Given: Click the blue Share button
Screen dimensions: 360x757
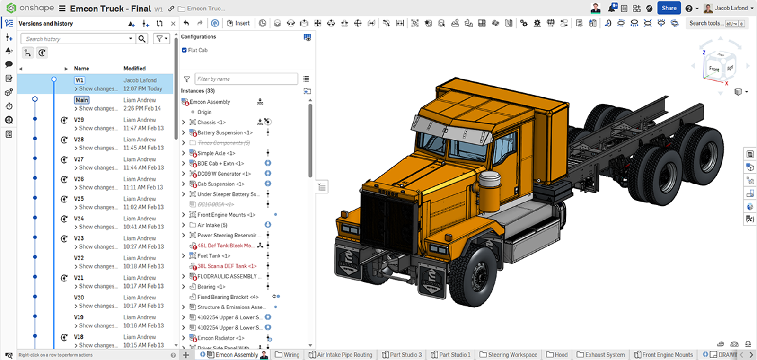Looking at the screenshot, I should tap(669, 8).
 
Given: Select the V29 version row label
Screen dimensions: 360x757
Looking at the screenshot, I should tap(79, 120).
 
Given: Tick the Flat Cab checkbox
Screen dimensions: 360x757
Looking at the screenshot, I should tap(185, 50).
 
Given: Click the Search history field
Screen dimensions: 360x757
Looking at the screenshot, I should tap(76, 39).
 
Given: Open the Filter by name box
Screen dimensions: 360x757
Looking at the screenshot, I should tap(246, 79).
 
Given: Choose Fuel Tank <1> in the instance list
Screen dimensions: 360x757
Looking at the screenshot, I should tap(214, 256).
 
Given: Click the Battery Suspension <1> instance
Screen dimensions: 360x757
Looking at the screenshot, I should tap(225, 133).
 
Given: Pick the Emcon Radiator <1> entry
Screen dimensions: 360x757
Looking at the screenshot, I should tap(220, 338).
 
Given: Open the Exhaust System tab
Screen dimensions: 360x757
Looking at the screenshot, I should tap(604, 355).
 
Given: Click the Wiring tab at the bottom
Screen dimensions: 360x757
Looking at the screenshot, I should tap(291, 355).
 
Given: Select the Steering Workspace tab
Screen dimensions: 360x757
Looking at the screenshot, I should tap(512, 355).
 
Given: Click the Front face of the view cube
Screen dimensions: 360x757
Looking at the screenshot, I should tap(713, 69).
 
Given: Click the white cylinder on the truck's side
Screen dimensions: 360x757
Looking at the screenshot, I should tap(490, 184).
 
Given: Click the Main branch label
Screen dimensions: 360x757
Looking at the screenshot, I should tap(81, 100).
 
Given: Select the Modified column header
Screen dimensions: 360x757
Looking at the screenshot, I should tap(134, 69).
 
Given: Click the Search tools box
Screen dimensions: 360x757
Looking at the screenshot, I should tap(705, 23).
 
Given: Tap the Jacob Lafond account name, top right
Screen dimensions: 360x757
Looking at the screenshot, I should tap(731, 8).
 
